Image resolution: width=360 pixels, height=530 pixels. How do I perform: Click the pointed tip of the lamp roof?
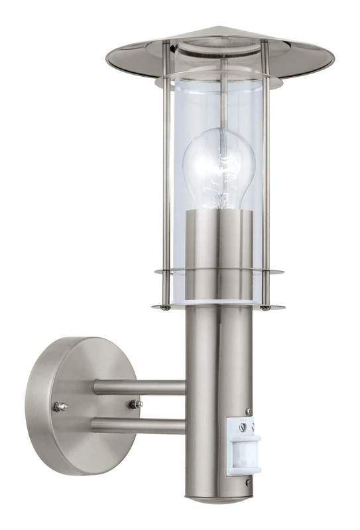tap(219, 28)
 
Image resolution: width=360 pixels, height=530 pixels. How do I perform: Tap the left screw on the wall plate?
tap(60, 406)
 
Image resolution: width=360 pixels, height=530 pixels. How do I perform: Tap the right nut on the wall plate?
tap(137, 403)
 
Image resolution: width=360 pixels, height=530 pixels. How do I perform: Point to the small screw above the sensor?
tap(248, 411)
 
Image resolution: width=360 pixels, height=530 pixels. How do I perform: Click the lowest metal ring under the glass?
tap(219, 307)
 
